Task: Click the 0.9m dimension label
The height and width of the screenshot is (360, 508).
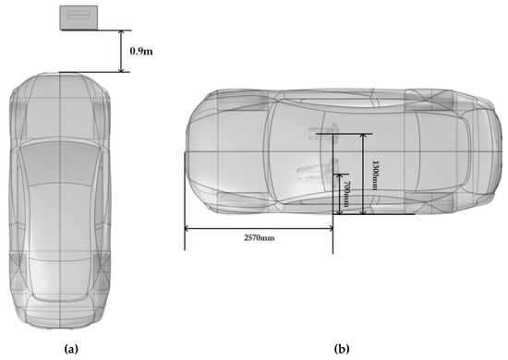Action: pos(141,51)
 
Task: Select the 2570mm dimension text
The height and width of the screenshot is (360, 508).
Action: pos(260,238)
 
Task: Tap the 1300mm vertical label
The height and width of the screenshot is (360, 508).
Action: pos(375,175)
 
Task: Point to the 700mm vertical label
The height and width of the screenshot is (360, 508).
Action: pos(346,194)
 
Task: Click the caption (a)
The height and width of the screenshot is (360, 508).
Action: pos(71,349)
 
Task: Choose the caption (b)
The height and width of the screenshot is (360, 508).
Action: pos(342,349)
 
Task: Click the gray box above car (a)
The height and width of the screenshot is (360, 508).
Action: pos(79,18)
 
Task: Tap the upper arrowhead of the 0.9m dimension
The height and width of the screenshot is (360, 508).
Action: pos(121,33)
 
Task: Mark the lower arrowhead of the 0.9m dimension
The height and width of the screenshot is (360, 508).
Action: pos(121,69)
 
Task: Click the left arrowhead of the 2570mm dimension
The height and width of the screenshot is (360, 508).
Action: pos(187,229)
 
